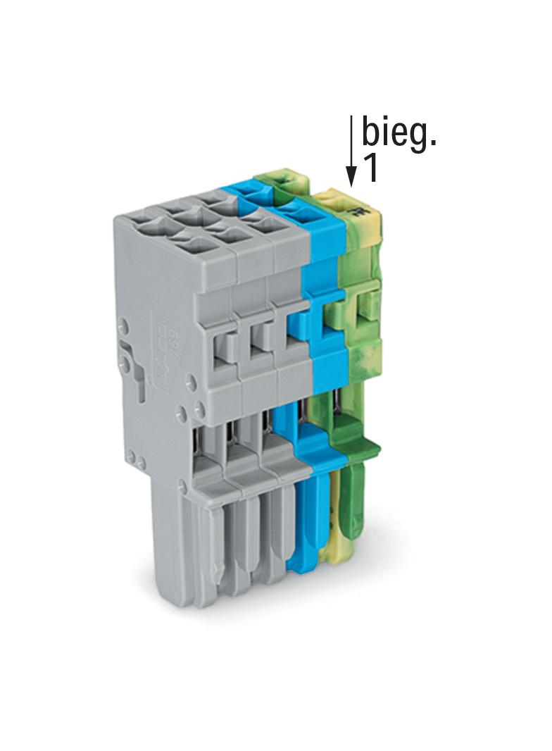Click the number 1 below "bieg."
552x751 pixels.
point(370,168)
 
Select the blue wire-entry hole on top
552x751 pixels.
point(296,213)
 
